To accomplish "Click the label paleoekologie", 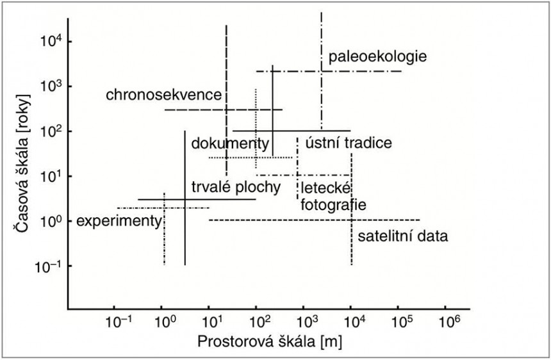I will [x=377, y=57].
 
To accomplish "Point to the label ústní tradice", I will [x=348, y=142].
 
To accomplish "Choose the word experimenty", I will [x=118, y=221].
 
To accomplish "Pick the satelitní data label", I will [x=402, y=236].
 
